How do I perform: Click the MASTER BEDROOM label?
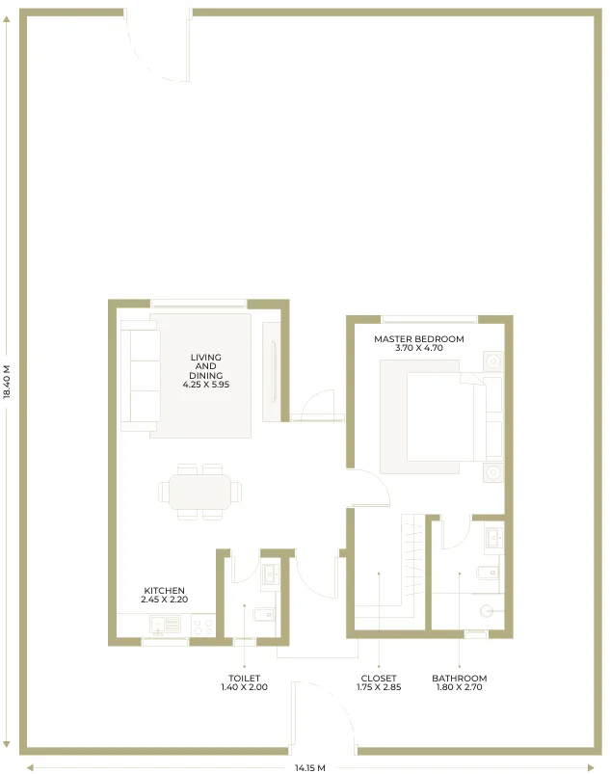pyautogui.click(x=418, y=339)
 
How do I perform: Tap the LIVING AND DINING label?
pyautogui.click(x=206, y=365)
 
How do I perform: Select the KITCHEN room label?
pyautogui.click(x=165, y=590)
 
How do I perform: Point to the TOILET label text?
pyautogui.click(x=245, y=679)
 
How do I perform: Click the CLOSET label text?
pyautogui.click(x=379, y=679)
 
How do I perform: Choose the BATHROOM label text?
pyautogui.click(x=460, y=679)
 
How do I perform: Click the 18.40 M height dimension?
pyautogui.click(x=7, y=382)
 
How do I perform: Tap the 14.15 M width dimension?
pyautogui.click(x=310, y=767)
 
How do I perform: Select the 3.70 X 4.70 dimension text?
pyautogui.click(x=419, y=348)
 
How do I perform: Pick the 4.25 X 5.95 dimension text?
pyautogui.click(x=206, y=385)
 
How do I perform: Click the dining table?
pyautogui.click(x=199, y=492)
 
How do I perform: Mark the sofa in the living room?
pyautogui.click(x=140, y=376)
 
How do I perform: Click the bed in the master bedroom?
pyautogui.click(x=441, y=417)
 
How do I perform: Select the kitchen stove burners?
pyautogui.click(x=202, y=626)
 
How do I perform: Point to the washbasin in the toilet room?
pyautogui.click(x=270, y=574)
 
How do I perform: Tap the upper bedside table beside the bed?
pyautogui.click(x=493, y=361)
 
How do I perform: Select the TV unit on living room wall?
pyautogui.click(x=272, y=372)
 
